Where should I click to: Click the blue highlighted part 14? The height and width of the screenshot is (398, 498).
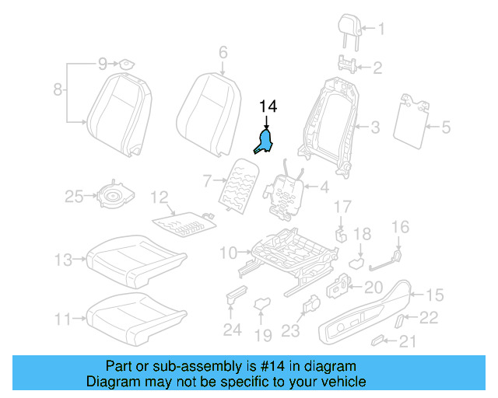[x=265, y=142]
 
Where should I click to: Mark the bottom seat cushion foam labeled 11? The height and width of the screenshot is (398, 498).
[x=137, y=314]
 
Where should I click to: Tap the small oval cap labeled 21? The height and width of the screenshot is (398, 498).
[x=378, y=340]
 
